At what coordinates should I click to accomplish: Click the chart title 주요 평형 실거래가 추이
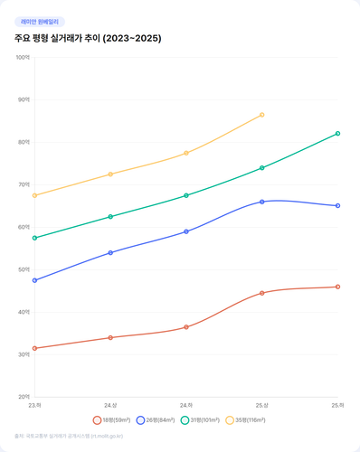(x=89, y=39)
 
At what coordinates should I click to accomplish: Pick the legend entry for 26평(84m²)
(x=155, y=419)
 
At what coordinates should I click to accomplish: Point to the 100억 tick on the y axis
(x=24, y=57)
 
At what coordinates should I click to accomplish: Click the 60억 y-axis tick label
(x=24, y=227)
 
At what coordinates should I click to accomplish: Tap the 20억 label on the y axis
(x=24, y=397)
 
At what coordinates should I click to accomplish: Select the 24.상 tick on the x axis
(x=110, y=406)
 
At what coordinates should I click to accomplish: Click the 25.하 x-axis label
(x=336, y=406)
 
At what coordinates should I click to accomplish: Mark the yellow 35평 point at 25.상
(x=262, y=115)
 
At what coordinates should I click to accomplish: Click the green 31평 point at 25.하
(x=337, y=134)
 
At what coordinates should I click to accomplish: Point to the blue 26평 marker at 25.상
(x=262, y=202)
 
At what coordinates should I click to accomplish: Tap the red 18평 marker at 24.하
(x=186, y=327)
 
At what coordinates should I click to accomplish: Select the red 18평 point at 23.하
(x=34, y=348)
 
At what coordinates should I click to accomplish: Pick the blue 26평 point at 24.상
(x=110, y=253)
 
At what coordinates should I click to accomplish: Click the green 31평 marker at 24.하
(x=186, y=195)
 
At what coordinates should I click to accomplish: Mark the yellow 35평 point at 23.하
(x=34, y=195)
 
